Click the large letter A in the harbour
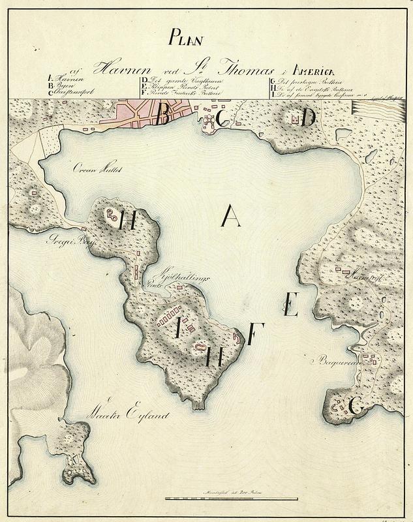[x=230, y=215]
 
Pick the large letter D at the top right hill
[x=307, y=117]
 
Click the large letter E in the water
[x=291, y=305]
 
